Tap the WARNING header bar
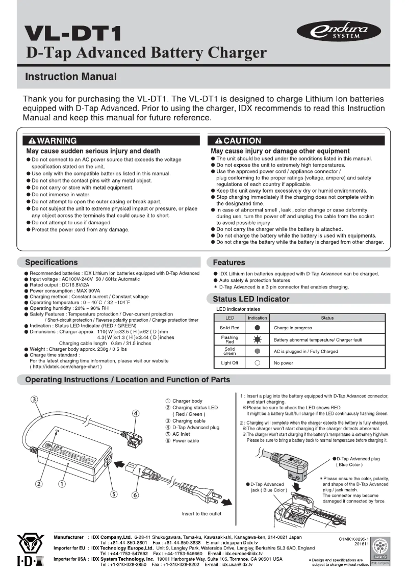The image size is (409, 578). (x=110, y=141)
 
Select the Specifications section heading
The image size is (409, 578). (x=52, y=262)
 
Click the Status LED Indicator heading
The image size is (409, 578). (x=251, y=299)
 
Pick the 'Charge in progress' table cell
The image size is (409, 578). (x=293, y=328)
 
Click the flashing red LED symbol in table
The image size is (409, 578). (x=258, y=339)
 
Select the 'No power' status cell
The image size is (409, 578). (x=283, y=363)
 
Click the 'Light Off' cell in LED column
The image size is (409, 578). (x=229, y=363)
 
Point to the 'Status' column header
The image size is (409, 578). (x=327, y=318)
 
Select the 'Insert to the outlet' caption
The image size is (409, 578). (x=201, y=514)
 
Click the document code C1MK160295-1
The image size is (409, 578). (x=353, y=538)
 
